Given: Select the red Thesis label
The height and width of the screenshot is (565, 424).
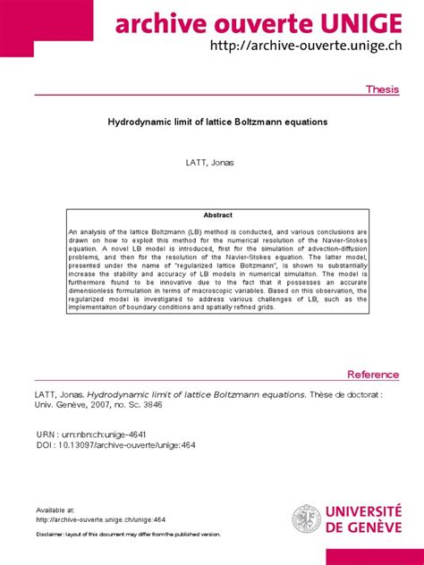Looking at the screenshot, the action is (383, 90).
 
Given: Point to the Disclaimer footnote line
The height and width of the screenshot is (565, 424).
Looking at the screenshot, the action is (128, 534).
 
